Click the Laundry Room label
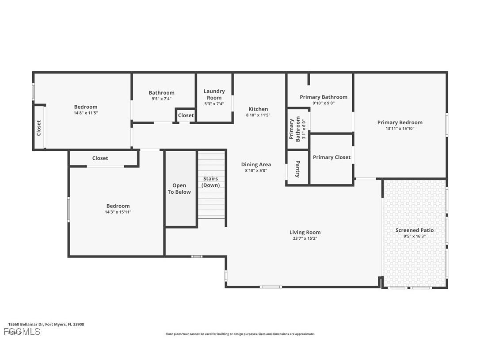pyautogui.click(x=214, y=94)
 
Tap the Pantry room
pyautogui.click(x=297, y=169)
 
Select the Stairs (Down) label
pyautogui.click(x=210, y=182)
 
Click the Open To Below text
pyautogui.click(x=179, y=188)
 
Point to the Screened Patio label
pyautogui.click(x=414, y=230)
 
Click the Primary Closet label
pyautogui.click(x=331, y=157)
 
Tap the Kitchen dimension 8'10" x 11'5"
pyautogui.click(x=258, y=115)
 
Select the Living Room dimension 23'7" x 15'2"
pyautogui.click(x=305, y=238)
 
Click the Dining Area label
pyautogui.click(x=256, y=165)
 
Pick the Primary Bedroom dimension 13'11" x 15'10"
pyautogui.click(x=400, y=129)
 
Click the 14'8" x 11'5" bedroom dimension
pyautogui.click(x=86, y=113)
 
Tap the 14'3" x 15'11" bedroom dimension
pyautogui.click(x=118, y=212)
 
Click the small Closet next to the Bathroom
pyautogui.click(x=186, y=115)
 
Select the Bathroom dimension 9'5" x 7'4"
pyautogui.click(x=161, y=99)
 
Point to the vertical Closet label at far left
pyautogui.click(x=39, y=128)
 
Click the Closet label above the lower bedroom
pyautogui.click(x=100, y=158)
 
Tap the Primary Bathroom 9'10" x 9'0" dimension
pyautogui.click(x=323, y=103)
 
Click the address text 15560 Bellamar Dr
pyautogui.click(x=46, y=324)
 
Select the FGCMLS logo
pyautogui.click(x=22, y=331)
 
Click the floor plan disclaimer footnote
pyautogui.click(x=240, y=334)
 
